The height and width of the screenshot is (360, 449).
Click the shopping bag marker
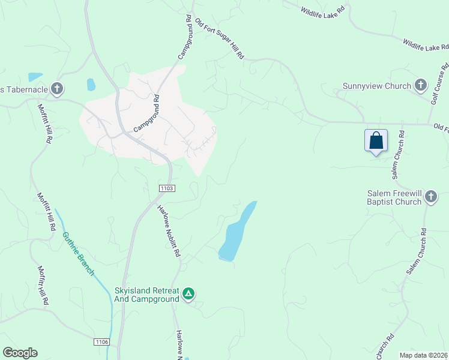click(x=376, y=142)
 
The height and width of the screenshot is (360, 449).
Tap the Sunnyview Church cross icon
click(x=421, y=86)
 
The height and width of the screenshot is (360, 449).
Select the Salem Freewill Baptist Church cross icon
click(x=431, y=197)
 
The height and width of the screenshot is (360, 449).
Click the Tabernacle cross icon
click(x=57, y=89)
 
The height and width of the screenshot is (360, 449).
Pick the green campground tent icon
click(x=188, y=293)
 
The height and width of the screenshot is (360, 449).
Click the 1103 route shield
click(x=167, y=188)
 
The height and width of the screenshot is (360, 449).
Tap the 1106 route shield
click(x=101, y=341)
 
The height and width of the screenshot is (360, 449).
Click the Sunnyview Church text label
click(x=376, y=86)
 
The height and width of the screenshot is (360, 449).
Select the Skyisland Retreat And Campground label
click(x=147, y=295)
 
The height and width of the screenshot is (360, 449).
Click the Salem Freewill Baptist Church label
click(x=394, y=198)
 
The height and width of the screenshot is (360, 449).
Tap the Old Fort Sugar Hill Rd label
click(x=220, y=39)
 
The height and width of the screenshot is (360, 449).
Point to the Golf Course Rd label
click(x=440, y=85)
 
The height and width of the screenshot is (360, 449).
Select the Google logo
click(x=20, y=353)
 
